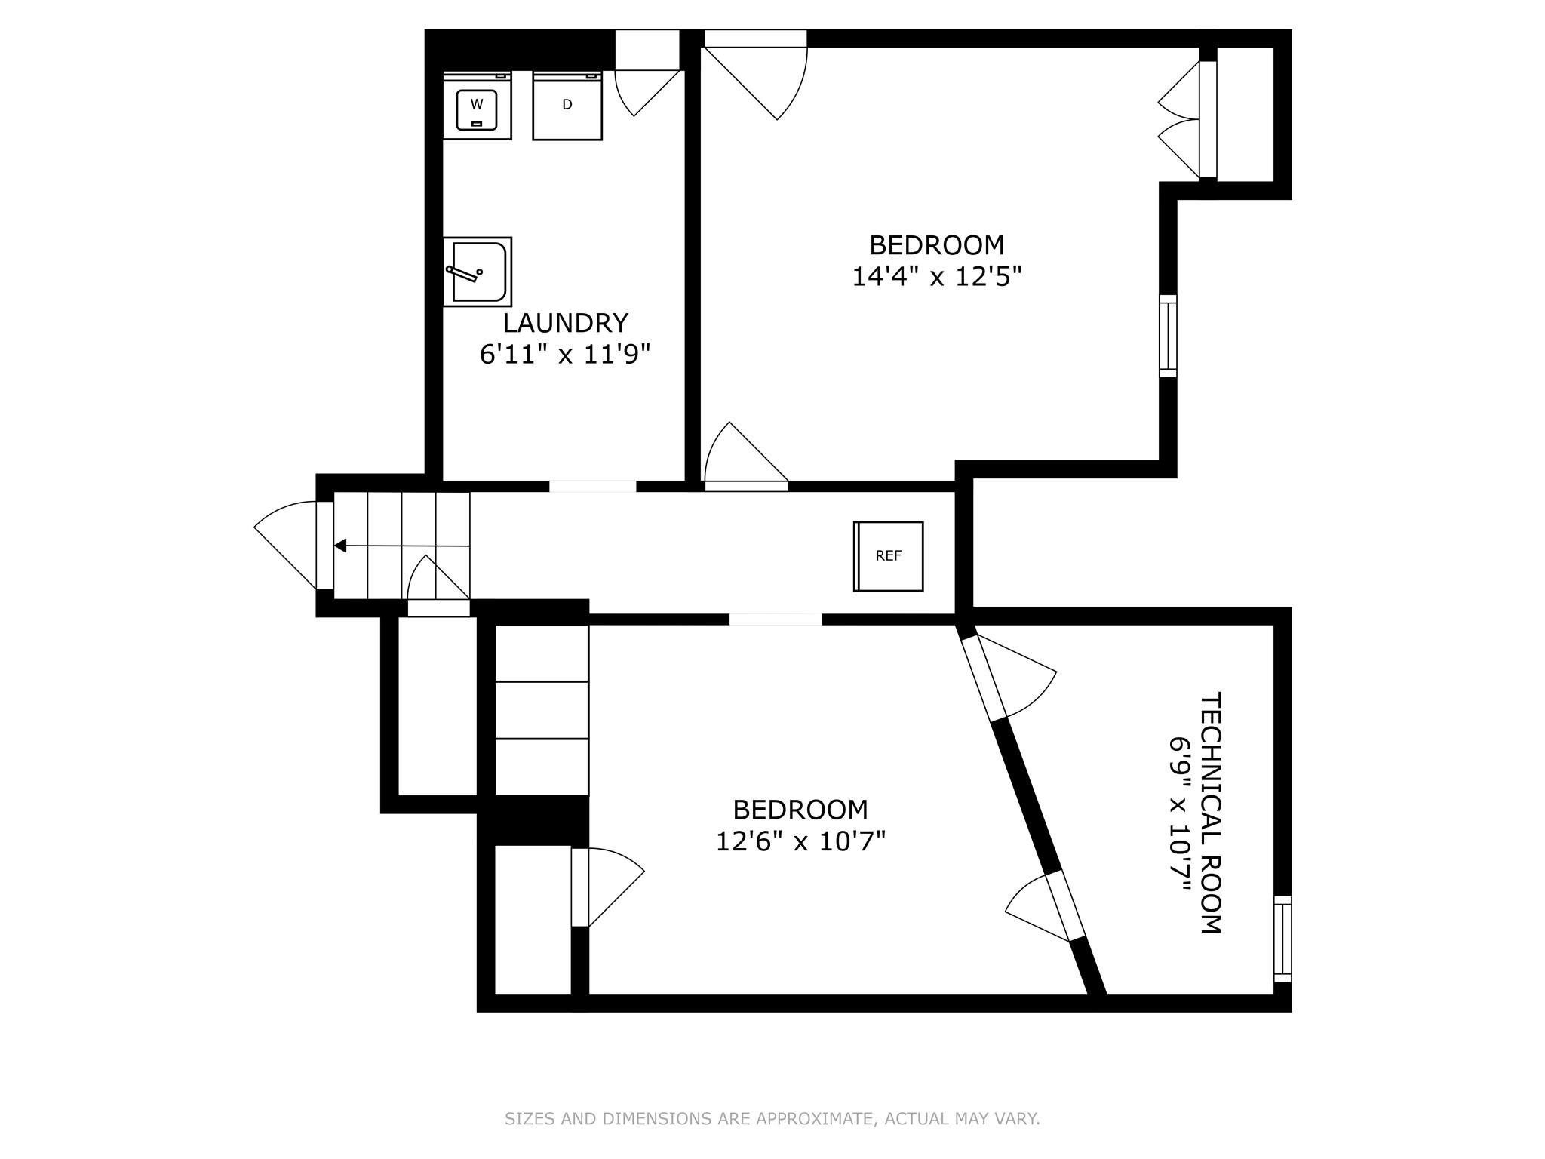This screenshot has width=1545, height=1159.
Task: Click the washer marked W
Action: click(477, 106)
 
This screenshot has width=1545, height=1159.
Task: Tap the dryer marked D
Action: click(567, 106)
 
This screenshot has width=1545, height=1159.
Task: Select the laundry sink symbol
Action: click(477, 272)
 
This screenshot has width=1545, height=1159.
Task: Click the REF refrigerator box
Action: click(889, 556)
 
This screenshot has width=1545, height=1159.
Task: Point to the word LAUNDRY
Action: click(565, 323)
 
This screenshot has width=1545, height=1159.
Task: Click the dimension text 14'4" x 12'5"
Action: click(936, 277)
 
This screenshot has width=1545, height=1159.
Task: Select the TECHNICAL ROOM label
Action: click(1210, 813)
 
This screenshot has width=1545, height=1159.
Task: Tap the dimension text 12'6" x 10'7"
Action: click(800, 841)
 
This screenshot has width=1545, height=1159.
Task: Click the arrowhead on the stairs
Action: click(341, 546)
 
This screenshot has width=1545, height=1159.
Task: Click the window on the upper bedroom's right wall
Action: click(1168, 336)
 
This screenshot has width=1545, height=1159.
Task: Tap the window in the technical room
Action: click(1282, 939)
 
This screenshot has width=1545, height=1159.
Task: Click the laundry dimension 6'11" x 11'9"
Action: click(565, 354)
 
